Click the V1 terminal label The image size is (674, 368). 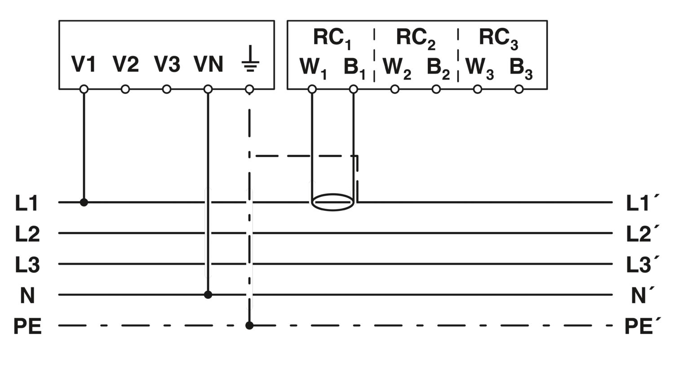pos(84,64)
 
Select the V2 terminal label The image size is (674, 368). pos(125,64)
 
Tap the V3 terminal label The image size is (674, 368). pos(167,64)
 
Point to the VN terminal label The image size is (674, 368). pos(208,64)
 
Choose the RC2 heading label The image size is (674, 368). pos(415,38)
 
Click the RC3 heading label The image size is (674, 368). pos(498,38)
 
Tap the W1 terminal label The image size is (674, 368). pos(313,68)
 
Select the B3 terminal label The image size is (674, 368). pos(520,68)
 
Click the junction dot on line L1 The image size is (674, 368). pos(84,202)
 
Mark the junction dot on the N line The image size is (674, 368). pos(208,295)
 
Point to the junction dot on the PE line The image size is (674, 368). pos(249,325)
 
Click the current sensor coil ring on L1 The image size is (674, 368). pos(333,202)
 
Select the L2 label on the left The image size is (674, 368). pos(27,234)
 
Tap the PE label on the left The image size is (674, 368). pos(27,326)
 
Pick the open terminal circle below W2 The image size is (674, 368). pos(395,89)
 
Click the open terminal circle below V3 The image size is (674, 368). pos(167,89)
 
